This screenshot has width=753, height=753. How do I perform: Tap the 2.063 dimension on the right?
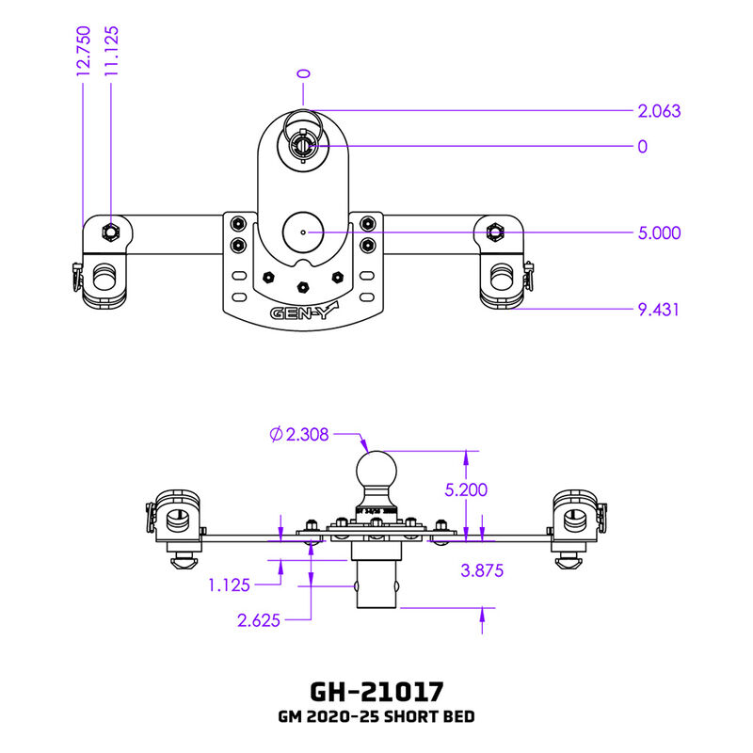point(659,111)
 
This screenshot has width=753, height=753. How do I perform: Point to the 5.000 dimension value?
point(659,233)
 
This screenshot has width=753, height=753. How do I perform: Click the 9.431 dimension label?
point(659,309)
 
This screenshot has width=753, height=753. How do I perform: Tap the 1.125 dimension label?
point(229,585)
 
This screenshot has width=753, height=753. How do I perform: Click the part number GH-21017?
point(376,692)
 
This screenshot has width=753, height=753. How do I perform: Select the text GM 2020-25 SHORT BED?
point(376,717)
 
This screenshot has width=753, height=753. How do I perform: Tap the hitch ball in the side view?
point(376,471)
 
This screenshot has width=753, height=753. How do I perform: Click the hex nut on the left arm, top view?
point(111,232)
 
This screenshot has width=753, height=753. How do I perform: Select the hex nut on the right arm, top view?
point(493,232)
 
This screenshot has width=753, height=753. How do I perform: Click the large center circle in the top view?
point(302,231)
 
